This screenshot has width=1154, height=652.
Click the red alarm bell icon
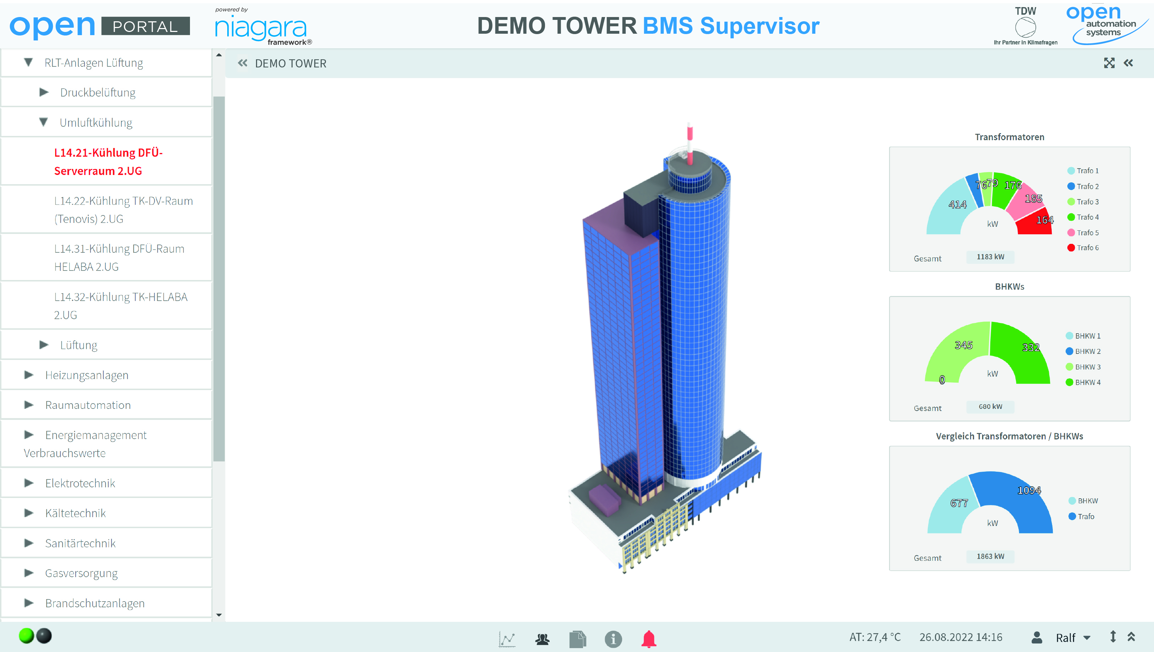pos(649,639)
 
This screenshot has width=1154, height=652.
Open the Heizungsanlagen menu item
pos(86,375)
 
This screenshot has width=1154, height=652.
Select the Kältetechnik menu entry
pos(75,513)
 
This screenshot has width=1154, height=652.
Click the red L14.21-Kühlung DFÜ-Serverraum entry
pos(108,161)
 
